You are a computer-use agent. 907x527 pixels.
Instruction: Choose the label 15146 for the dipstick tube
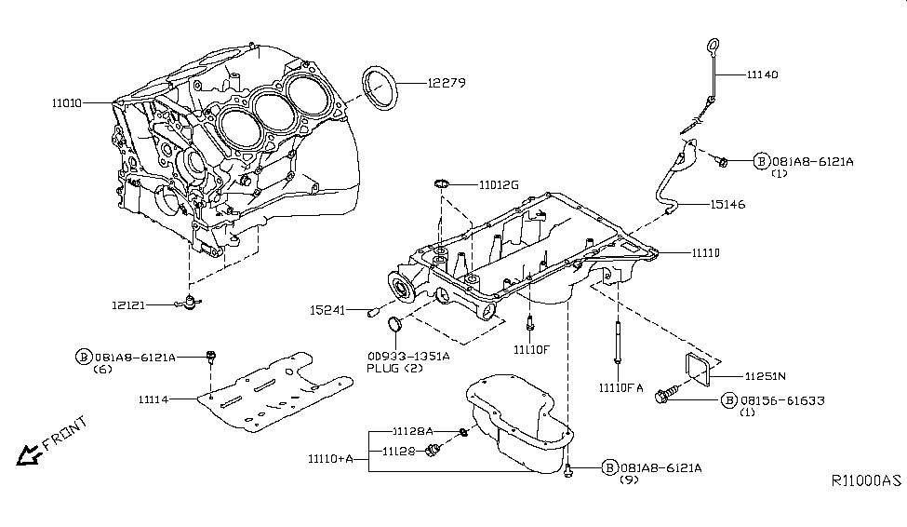pos(731,203)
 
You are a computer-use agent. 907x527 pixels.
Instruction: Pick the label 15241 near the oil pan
pos(329,310)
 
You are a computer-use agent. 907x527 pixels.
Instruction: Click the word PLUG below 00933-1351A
pos(381,368)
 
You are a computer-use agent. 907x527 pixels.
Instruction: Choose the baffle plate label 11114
pos(157,399)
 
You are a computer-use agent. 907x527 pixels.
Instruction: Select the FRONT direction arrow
pos(31,453)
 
